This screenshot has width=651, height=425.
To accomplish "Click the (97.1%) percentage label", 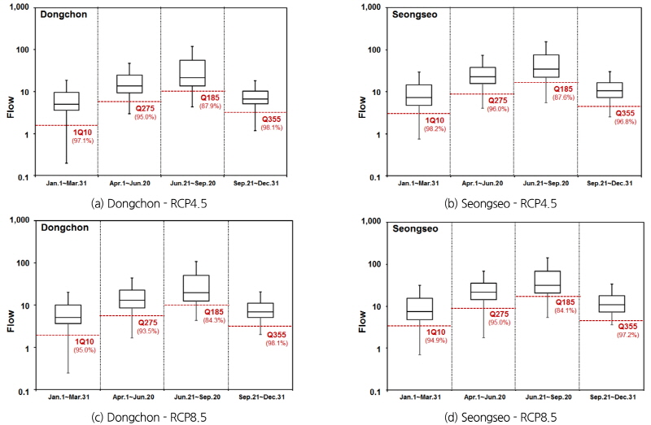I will (83, 141).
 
